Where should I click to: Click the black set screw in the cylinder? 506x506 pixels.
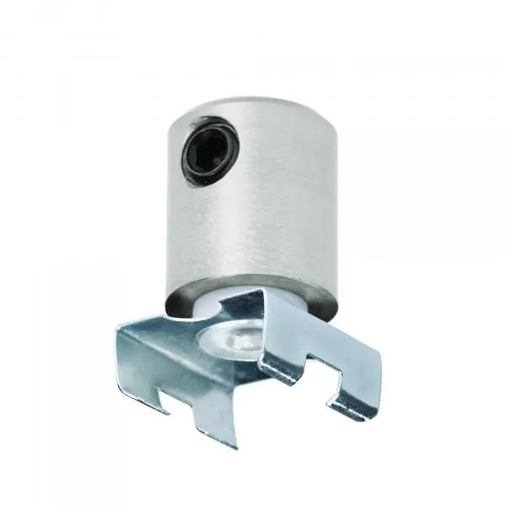(208, 148)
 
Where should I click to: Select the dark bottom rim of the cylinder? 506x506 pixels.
(253, 297)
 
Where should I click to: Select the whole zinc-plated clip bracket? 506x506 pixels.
(245, 363)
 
